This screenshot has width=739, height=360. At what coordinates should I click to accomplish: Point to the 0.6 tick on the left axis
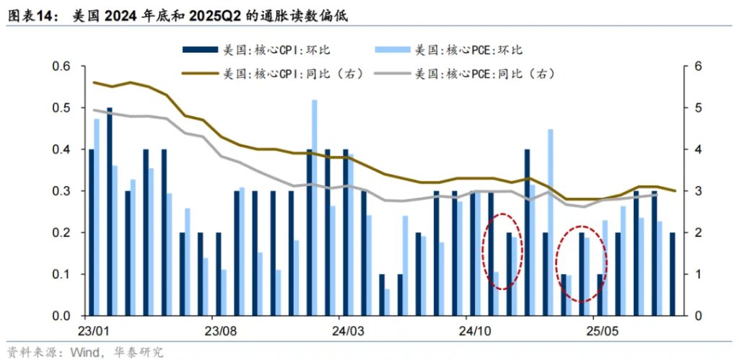(62, 66)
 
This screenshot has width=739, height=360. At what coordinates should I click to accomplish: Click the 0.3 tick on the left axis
(62, 191)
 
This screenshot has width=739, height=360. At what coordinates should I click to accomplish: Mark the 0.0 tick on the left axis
(62, 316)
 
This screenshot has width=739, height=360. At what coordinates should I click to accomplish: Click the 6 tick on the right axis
(696, 66)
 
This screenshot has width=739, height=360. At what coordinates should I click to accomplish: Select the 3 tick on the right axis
(696, 191)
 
